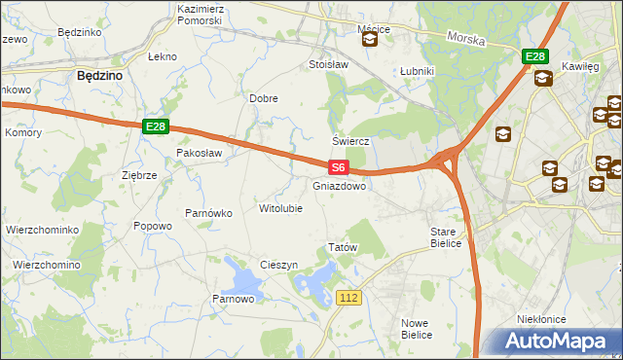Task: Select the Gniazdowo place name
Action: pos(339,185)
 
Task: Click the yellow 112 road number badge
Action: pos(350,296)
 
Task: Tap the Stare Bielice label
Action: pos(450,237)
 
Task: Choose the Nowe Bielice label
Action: pos(416,328)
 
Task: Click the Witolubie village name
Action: pos(280,208)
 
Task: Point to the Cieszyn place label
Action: pos(278,266)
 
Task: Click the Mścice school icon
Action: pos(370,40)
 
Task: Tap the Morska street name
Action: pos(466,40)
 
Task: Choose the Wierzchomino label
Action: pos(46,265)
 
